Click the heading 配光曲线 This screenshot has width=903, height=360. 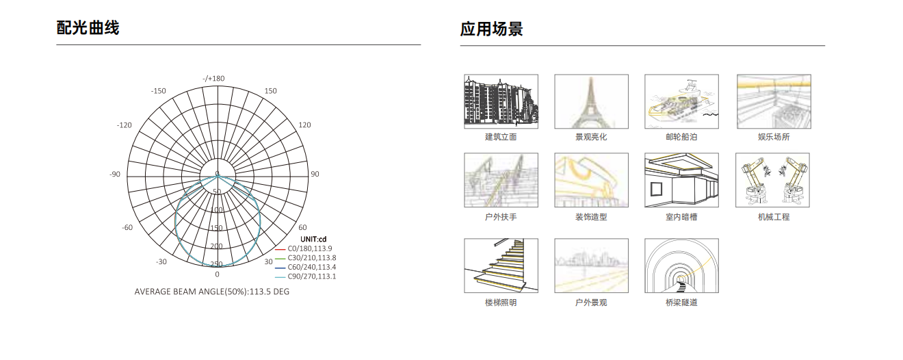(88, 28)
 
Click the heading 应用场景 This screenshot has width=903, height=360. (491, 29)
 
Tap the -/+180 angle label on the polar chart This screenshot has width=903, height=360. (213, 78)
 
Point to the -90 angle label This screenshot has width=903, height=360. (115, 174)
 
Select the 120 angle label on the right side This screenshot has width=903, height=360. (305, 125)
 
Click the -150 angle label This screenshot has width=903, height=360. (159, 91)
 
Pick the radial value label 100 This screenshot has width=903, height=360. (216, 209)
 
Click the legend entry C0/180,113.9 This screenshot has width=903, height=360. (310, 248)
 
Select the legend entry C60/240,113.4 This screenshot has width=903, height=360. (312, 267)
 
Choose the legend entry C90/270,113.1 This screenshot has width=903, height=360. (312, 277)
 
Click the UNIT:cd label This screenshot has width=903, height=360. (313, 239)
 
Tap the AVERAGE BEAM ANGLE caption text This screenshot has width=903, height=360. (211, 292)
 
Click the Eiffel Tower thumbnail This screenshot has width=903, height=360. (591, 101)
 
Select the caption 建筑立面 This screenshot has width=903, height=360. (501, 137)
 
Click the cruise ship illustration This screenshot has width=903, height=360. (681, 101)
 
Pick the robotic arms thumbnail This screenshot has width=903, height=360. (772, 180)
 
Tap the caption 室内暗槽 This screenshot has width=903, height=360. (681, 217)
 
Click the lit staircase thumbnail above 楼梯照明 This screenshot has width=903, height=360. (501, 266)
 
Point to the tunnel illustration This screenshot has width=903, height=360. (681, 266)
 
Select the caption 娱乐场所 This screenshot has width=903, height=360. (774, 137)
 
